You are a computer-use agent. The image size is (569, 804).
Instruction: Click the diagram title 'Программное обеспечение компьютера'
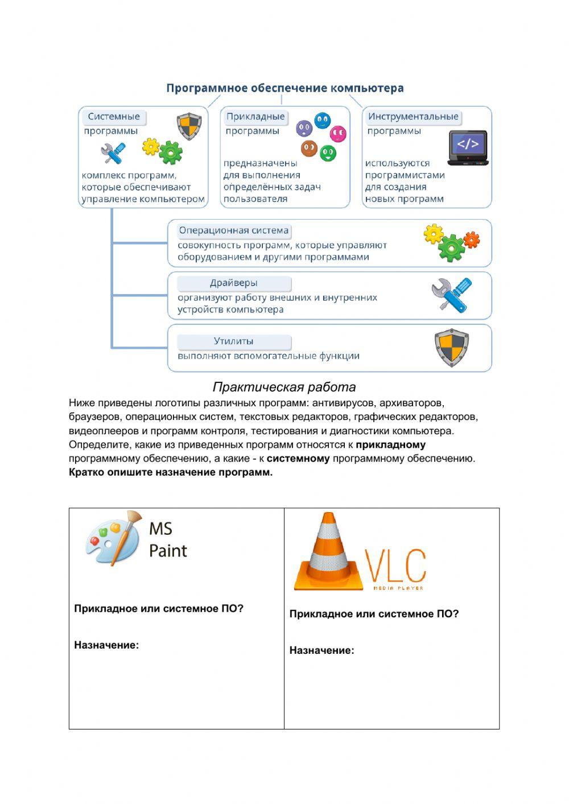tap(284, 88)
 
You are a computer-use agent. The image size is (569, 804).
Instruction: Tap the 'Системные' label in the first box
tap(113, 117)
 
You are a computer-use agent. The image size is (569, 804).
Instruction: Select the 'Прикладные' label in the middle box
tap(255, 117)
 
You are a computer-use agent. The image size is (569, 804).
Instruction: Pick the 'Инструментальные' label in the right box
tap(413, 117)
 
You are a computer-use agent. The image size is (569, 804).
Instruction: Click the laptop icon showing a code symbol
tap(468, 147)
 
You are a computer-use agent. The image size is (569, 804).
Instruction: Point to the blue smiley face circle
tap(322, 120)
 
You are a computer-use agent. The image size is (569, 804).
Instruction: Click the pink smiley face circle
tap(338, 134)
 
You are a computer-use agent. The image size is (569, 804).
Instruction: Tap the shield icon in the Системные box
tap(189, 125)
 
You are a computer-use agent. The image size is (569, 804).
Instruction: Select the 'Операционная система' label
tap(233, 230)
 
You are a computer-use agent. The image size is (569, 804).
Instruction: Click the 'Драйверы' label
tap(233, 283)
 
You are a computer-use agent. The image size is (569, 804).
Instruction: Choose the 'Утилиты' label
tap(233, 341)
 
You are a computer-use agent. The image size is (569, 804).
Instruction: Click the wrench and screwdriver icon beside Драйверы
tap(451, 295)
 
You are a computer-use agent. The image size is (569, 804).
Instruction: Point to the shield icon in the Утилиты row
tap(451, 347)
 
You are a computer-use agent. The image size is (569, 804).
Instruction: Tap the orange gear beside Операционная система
tap(471, 240)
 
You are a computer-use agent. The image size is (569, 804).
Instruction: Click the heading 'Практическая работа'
tap(284, 387)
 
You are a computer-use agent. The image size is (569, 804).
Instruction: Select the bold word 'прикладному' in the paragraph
tap(390, 444)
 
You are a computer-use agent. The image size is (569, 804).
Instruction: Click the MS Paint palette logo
tap(113, 538)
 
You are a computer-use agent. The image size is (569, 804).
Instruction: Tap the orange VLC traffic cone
tap(328, 552)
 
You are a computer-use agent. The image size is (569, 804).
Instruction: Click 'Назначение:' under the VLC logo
tap(321, 650)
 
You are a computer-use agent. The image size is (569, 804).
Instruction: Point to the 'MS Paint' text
tap(167, 539)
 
